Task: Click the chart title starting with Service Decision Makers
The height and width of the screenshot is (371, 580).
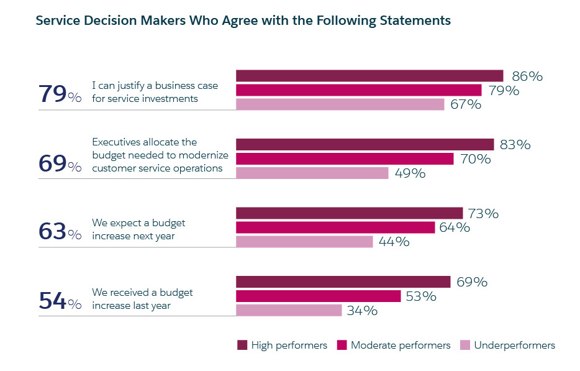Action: [x=243, y=21]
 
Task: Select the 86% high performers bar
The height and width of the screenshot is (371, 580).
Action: [x=369, y=76]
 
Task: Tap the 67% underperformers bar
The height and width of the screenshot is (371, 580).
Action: [x=340, y=104]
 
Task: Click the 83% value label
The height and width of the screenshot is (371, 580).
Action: [x=515, y=145]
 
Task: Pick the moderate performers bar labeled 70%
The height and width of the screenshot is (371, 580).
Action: [x=345, y=159]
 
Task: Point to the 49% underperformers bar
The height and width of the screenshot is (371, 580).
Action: [x=312, y=173]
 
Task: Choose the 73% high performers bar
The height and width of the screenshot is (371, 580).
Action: [x=349, y=213]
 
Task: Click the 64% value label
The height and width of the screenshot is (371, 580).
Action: [x=454, y=227]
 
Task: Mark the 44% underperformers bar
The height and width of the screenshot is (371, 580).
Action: [x=304, y=242]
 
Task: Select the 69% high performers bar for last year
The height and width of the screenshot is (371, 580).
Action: [x=343, y=282]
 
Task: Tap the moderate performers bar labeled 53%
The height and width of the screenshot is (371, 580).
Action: [x=318, y=296]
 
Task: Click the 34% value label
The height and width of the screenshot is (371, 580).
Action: [x=361, y=311]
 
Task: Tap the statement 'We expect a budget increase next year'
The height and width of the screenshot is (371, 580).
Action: [x=138, y=229]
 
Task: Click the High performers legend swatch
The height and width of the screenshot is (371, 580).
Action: [x=242, y=346]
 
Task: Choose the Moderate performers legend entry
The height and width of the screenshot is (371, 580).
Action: [x=394, y=346]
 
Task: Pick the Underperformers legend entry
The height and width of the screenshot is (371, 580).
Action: [x=507, y=346]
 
